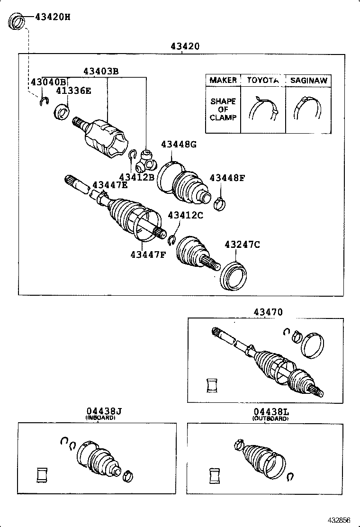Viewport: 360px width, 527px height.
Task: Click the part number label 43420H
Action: click(52, 18)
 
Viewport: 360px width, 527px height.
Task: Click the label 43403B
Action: click(101, 71)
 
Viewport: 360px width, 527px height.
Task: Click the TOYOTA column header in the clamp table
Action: click(262, 80)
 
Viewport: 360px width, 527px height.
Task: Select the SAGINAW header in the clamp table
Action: click(308, 80)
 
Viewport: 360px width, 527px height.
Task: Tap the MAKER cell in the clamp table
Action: click(223, 80)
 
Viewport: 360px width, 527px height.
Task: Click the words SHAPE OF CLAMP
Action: click(223, 109)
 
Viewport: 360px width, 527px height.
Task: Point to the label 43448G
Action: click(178, 145)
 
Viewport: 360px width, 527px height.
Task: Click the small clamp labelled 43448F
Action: click(219, 203)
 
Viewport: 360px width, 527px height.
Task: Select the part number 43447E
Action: click(110, 185)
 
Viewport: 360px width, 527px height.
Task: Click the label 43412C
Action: click(185, 215)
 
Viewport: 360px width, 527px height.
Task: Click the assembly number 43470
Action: click(268, 312)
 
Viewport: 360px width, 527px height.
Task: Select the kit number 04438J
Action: click(100, 412)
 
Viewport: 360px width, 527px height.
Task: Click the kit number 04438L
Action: click(270, 412)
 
